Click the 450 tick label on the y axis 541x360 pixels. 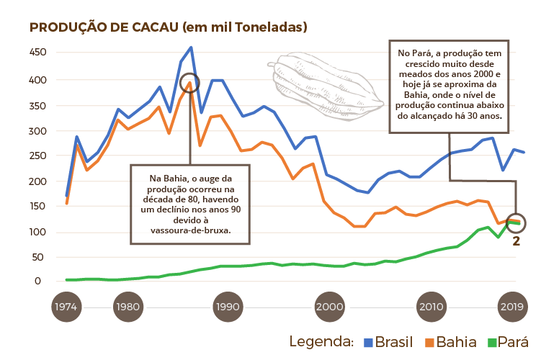(x=38, y=53)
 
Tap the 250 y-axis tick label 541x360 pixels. (x=38, y=156)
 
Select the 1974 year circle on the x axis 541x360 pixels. (x=66, y=306)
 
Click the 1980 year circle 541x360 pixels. (x=127, y=306)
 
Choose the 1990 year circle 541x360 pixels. (x=228, y=306)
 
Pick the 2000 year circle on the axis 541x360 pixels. (x=329, y=306)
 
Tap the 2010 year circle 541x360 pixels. (x=431, y=306)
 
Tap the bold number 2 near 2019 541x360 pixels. (x=516, y=241)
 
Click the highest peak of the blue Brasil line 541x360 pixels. (x=191, y=48)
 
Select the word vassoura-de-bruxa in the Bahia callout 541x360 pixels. (x=190, y=231)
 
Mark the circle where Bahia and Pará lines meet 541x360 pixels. (x=517, y=222)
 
